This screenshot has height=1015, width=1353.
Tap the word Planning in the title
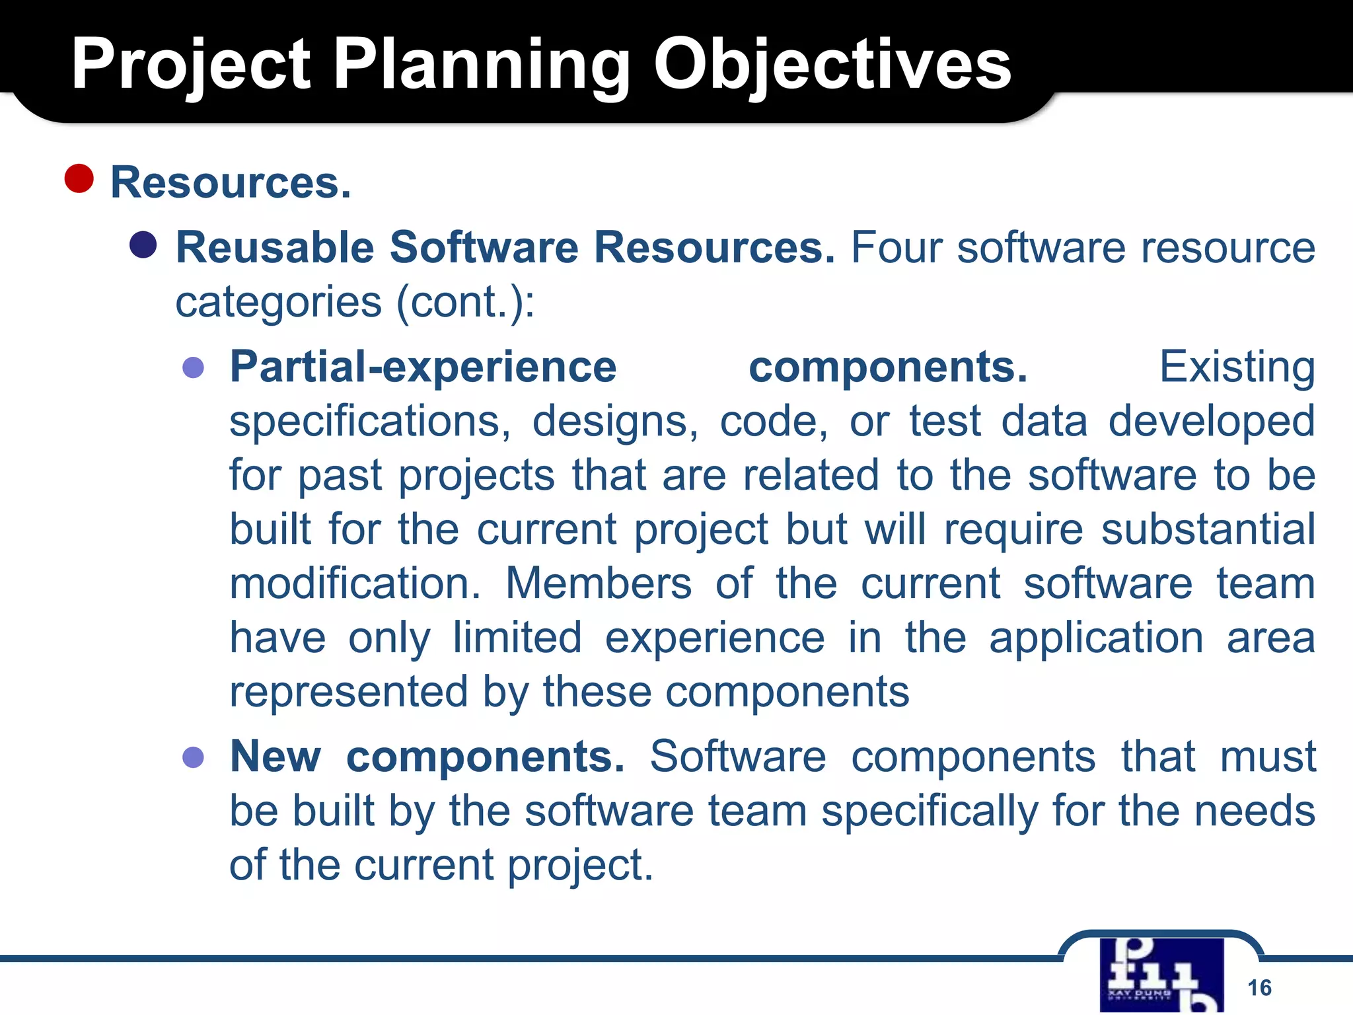(x=482, y=65)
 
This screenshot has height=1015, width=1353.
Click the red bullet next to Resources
(x=79, y=178)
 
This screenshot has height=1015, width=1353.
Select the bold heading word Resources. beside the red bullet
(x=231, y=182)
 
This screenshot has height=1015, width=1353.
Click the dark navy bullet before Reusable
(x=143, y=244)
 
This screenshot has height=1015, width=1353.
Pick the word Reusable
(x=275, y=247)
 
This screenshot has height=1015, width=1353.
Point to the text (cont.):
(x=465, y=302)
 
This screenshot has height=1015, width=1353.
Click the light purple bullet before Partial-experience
(x=193, y=367)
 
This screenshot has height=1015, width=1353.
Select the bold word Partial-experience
(x=423, y=367)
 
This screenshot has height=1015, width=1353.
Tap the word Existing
(x=1237, y=367)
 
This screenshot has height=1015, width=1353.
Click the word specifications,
(x=370, y=422)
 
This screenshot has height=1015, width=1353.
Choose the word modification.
(x=355, y=583)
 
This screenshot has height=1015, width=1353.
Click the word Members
(x=599, y=583)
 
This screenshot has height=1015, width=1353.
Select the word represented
(x=348, y=692)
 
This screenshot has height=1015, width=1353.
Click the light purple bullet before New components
(x=193, y=757)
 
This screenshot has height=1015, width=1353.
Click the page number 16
(x=1259, y=987)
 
